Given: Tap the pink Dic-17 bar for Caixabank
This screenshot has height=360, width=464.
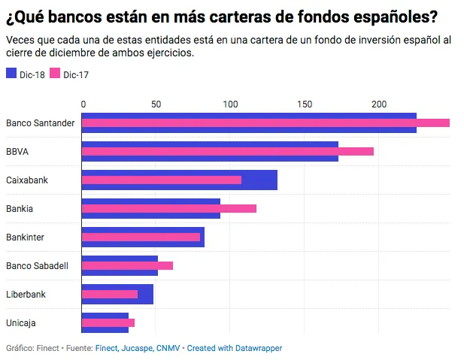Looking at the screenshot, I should [x=161, y=180].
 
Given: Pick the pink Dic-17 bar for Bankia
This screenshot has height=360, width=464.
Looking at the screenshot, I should [x=168, y=208].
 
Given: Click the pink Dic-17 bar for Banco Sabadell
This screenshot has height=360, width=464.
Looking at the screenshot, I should [x=127, y=265].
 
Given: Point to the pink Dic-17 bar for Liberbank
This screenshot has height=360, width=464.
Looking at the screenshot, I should [x=110, y=294].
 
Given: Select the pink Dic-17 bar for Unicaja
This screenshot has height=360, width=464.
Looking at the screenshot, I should [x=108, y=322].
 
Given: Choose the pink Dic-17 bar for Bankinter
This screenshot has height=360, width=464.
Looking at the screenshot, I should [x=141, y=237].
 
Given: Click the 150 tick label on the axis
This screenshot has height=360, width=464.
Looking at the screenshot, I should [x=305, y=104].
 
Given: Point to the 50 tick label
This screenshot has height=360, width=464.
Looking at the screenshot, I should [x=156, y=104].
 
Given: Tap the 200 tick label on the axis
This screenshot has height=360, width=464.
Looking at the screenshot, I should [x=378, y=104].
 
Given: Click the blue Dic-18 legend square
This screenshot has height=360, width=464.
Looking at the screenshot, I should [x=11, y=74].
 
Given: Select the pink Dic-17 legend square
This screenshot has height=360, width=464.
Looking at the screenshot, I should [x=56, y=74].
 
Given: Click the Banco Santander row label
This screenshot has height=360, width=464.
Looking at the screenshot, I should [x=40, y=123].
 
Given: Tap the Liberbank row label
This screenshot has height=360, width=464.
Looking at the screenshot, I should [x=26, y=294].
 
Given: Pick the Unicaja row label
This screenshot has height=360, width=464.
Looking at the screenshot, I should [x=21, y=322].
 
